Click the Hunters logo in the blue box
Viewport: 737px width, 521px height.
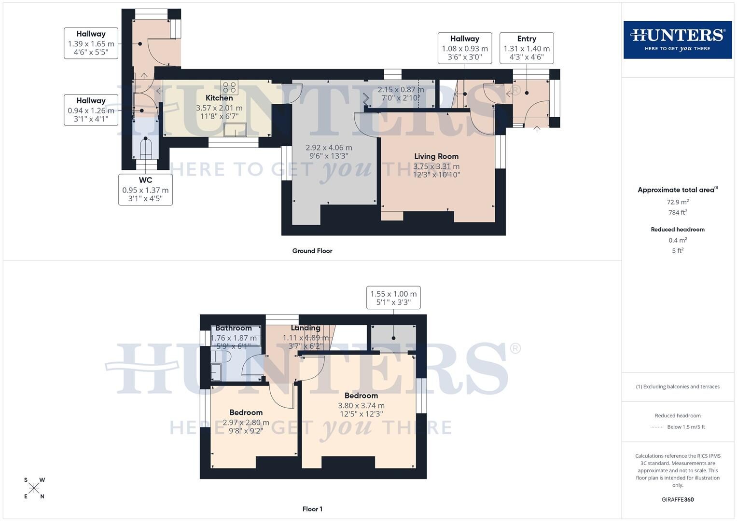677,40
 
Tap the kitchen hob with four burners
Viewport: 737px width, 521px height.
229,87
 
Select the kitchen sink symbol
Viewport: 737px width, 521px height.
235,130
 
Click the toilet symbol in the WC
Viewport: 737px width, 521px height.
145,148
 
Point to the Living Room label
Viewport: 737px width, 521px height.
436,156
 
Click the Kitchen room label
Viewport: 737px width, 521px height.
219,98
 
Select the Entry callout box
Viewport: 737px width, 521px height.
526,48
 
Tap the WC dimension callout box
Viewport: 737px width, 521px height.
145,189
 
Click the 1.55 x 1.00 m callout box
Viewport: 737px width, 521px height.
393,298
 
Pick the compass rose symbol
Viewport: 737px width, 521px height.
34,488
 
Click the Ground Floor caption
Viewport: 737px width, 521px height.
312,251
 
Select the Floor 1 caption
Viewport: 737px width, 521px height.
312,509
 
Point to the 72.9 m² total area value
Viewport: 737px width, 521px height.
678,202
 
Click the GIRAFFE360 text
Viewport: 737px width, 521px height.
678,499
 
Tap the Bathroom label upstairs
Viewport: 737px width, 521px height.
234,328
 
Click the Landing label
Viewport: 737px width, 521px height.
306,328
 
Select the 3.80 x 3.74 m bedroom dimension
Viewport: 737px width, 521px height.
361,406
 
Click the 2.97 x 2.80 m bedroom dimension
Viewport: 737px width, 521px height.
246,423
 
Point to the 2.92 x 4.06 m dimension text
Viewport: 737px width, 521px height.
329,148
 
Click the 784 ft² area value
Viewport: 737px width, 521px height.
678,213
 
